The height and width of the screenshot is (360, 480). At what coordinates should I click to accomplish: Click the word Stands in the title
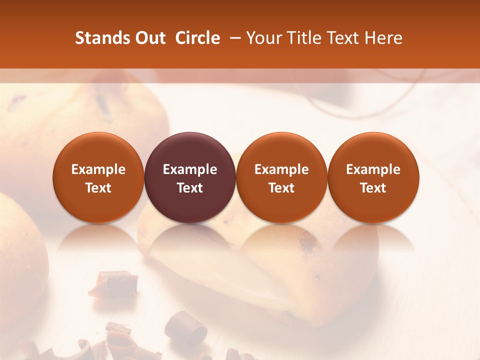point(101,38)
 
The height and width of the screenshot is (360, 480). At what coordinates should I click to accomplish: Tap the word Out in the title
point(149,38)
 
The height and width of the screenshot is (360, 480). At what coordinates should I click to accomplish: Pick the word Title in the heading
point(304,38)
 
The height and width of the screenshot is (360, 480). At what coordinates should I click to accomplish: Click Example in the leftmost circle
point(98,169)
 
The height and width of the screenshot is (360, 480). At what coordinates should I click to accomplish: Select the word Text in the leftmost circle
point(98,188)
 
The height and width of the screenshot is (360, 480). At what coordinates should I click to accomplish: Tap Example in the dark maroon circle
point(190,169)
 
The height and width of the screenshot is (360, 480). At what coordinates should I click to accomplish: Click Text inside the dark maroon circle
point(190,188)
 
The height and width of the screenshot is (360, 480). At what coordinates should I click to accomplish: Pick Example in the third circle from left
point(281,169)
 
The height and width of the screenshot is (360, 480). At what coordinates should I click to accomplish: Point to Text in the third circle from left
point(281,188)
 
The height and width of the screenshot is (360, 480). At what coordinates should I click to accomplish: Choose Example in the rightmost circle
point(373,169)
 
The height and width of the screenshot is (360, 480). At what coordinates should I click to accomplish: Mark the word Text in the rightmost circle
point(373,188)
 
